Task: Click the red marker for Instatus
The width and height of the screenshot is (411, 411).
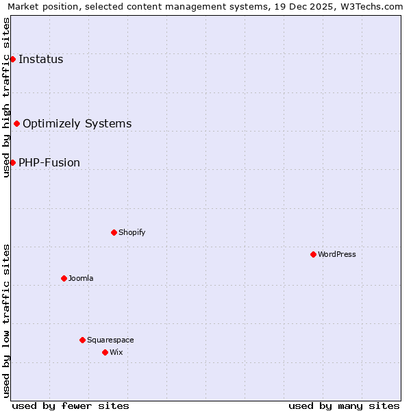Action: click(12, 60)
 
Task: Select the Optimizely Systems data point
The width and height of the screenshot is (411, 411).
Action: click(16, 124)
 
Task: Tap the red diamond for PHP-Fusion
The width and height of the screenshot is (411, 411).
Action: click(12, 163)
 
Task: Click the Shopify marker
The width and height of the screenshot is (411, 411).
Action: click(114, 233)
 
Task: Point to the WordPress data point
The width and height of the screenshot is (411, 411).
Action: click(313, 255)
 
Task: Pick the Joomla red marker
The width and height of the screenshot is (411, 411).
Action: click(64, 279)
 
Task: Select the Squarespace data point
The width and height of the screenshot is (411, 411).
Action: click(82, 340)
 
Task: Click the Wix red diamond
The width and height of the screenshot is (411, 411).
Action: click(105, 353)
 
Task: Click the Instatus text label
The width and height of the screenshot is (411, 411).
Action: click(41, 60)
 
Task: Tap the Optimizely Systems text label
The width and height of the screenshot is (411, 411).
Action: click(77, 124)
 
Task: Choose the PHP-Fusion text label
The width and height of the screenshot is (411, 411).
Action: click(49, 163)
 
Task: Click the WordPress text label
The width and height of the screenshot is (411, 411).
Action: click(337, 255)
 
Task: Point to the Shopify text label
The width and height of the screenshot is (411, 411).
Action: click(132, 233)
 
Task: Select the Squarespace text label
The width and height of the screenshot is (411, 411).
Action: click(110, 340)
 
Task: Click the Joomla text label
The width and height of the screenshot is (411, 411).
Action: click(81, 279)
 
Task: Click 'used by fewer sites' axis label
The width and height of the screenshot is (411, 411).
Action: click(71, 406)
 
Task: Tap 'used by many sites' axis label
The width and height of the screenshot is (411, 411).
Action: click(344, 406)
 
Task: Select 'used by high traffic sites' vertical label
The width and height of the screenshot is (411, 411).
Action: click(6, 97)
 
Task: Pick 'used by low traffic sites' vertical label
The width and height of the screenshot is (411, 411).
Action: click(6, 321)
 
